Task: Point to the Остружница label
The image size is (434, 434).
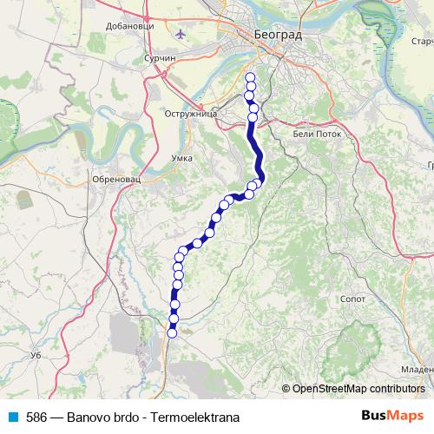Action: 188,114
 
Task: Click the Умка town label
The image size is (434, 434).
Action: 181,158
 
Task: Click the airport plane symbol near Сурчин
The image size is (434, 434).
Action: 181,34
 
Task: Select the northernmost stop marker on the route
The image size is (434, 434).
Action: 251,78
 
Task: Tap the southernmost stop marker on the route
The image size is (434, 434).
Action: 172,332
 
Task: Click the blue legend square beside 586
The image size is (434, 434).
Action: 12,417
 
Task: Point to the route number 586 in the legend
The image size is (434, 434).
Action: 36,417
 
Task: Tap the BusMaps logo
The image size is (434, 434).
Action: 392,416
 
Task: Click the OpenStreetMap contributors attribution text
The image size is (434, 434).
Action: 358,388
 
